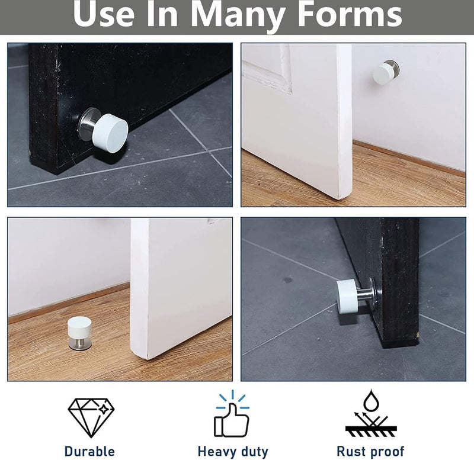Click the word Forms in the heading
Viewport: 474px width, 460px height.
[350, 14]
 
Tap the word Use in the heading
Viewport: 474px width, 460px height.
[103, 14]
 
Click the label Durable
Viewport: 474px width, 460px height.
[89, 451]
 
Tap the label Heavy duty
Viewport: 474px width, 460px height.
[233, 452]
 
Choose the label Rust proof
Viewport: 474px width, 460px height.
[370, 452]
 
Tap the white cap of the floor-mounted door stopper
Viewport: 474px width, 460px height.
[79, 329]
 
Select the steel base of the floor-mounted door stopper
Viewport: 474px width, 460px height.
[79, 345]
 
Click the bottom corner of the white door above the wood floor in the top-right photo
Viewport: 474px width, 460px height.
[341, 198]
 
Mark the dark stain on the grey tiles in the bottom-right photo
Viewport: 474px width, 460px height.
[288, 280]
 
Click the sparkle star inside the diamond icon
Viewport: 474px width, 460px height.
[104, 410]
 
